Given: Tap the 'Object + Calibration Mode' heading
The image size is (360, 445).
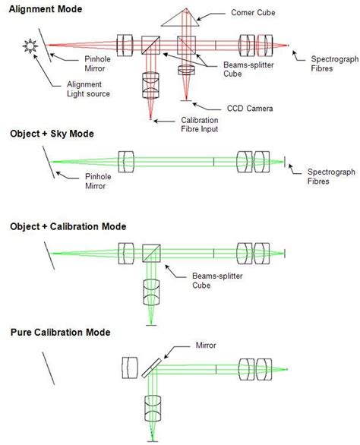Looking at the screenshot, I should tap(68, 226).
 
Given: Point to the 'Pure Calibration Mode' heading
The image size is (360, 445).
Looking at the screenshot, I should tap(60, 332).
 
